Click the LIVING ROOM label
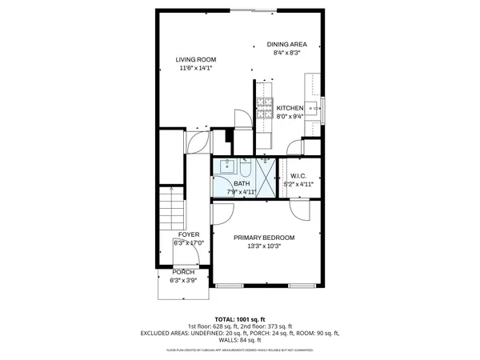[196, 60]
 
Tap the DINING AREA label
[286, 45]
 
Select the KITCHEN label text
[290, 108]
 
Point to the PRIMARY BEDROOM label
[264, 238]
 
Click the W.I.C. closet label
[298, 176]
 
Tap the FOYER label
[189, 234]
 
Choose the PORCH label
[183, 272]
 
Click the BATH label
[242, 184]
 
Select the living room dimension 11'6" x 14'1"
[196, 69]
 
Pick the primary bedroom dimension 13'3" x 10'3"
[264, 246]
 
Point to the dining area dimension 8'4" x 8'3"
[286, 53]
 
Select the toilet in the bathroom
[246, 166]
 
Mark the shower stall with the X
[267, 174]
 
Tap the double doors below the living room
[197, 142]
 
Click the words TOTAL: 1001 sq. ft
[240, 319]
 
